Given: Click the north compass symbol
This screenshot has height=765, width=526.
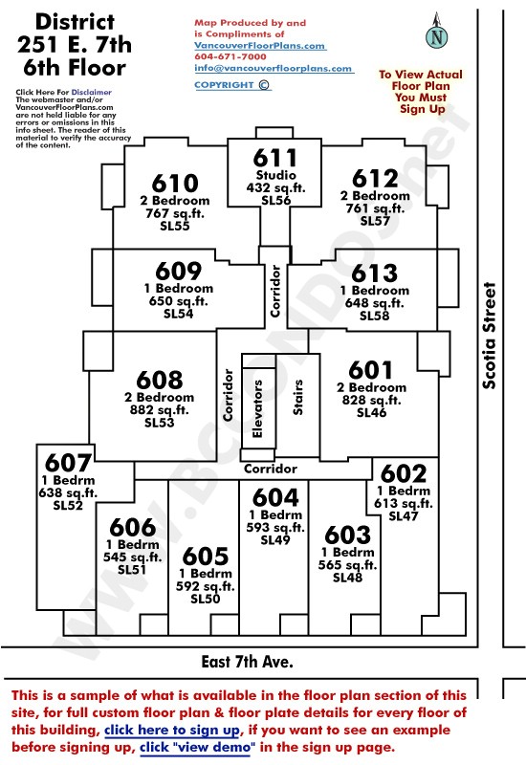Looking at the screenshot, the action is point(436,32).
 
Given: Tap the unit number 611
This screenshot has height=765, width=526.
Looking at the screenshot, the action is point(275,158).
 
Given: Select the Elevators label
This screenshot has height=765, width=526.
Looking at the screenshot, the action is point(257,409).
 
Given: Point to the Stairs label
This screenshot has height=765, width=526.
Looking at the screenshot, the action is point(297,397).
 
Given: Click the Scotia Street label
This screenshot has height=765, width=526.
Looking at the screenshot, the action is point(489,336).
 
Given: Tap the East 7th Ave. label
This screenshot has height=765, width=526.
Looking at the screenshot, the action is point(248,662).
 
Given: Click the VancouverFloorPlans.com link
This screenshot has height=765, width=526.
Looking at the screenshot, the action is point(260,45).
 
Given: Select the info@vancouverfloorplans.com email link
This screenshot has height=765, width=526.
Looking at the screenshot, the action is point(274,68).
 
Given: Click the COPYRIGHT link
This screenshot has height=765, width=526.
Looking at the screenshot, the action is point(231,85).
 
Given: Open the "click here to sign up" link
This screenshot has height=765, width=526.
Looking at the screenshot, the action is point(172,730).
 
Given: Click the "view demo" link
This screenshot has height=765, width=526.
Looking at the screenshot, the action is point(197,747).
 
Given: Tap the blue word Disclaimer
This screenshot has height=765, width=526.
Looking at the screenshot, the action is point(91,92).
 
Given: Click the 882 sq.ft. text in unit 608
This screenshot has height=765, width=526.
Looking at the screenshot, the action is point(159,410).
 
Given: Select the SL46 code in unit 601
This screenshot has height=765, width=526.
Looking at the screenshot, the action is point(371,413).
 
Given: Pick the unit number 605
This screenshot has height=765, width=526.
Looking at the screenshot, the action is point(206,557).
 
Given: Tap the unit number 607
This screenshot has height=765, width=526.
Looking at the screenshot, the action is point(68,463).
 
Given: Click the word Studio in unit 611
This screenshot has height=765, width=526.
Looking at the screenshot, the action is point(276,175).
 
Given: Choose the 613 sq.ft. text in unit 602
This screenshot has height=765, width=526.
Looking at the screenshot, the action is point(404,503).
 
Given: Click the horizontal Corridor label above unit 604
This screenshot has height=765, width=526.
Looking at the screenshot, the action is point(271,469).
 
